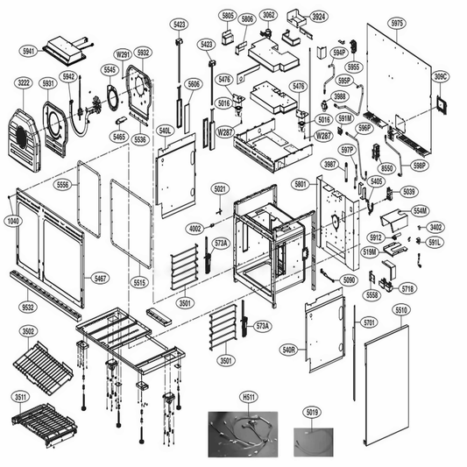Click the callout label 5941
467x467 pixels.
click(30, 52)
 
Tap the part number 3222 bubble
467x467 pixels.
click(25, 83)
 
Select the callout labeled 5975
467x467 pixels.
click(397, 23)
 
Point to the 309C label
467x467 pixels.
click(441, 77)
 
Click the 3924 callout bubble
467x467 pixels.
click(320, 17)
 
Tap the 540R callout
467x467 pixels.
click(289, 349)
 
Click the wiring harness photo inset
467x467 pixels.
click(246, 433)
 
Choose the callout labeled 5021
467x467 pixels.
click(220, 189)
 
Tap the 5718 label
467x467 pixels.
click(407, 288)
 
